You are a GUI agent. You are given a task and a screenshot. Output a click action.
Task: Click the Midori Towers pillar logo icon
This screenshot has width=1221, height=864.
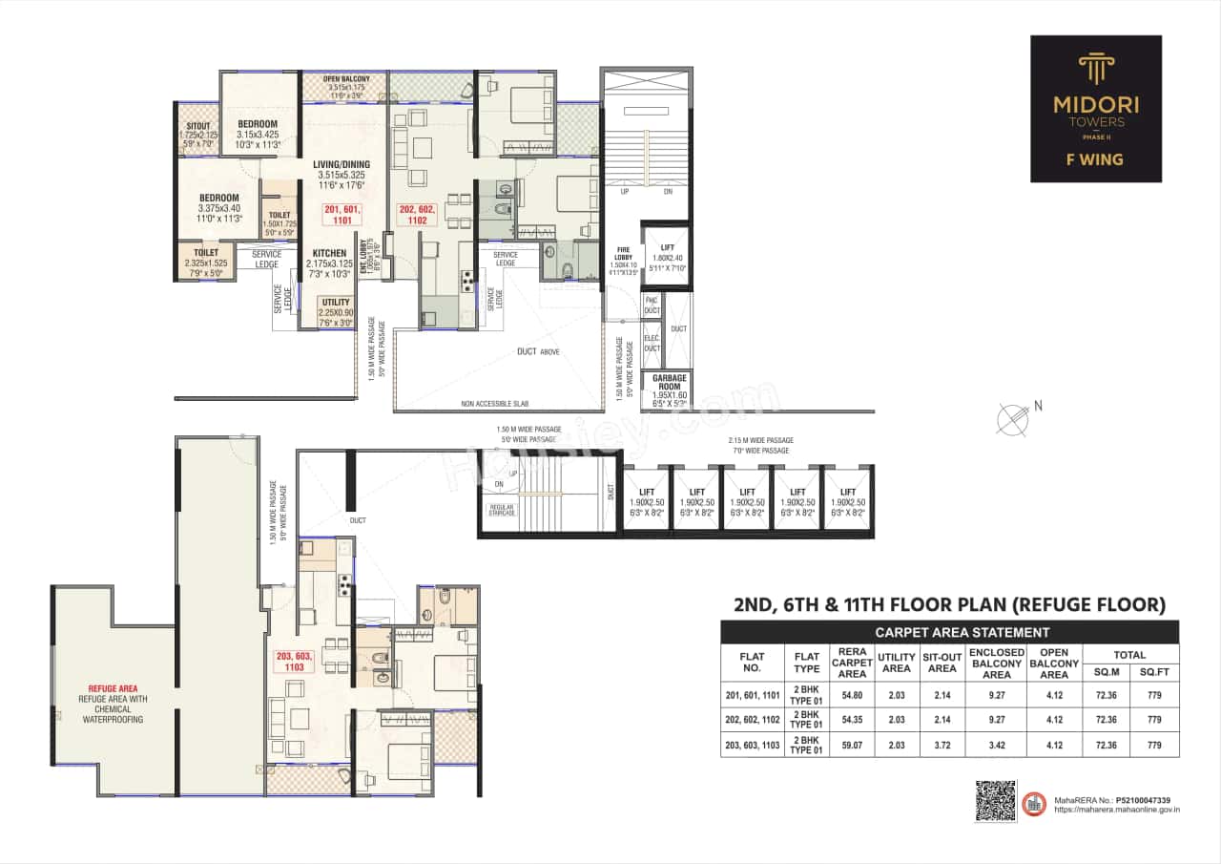point(1095,70)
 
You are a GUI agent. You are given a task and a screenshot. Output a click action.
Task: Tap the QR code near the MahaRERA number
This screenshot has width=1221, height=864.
point(995,800)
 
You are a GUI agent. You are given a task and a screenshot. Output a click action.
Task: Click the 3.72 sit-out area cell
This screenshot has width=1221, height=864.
point(942,744)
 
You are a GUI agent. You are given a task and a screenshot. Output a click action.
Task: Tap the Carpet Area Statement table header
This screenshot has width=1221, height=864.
point(949,632)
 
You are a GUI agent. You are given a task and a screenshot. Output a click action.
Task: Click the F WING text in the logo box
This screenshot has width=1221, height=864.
point(1095,159)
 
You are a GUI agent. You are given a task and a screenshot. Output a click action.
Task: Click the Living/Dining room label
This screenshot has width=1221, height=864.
point(341,164)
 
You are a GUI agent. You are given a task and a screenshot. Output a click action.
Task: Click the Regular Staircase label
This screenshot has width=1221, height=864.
point(502,510)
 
